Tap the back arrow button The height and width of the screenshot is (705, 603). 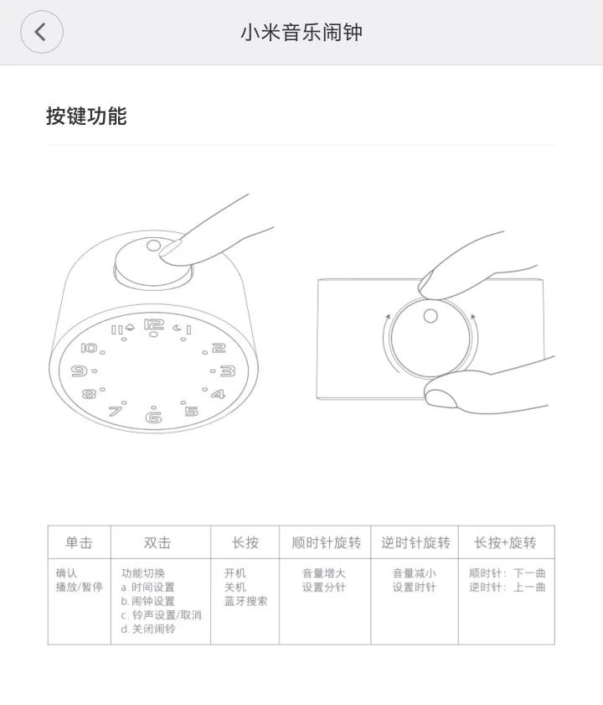pos(41,33)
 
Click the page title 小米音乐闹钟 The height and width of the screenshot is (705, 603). pos(301,33)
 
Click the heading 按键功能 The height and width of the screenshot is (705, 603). pos(86,116)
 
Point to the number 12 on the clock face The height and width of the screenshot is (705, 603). pos(153,325)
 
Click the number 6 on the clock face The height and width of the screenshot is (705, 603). pos(153,417)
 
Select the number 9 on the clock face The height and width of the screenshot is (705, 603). pos(80,371)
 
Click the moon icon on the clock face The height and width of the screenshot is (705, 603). pos(177,328)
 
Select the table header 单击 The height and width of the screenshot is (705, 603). pos(79,542)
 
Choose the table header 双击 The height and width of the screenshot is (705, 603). pos(157,542)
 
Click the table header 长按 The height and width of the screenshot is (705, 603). pos(245,542)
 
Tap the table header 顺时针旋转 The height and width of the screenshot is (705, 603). pos(326,542)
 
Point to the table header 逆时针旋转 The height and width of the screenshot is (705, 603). pos(415,542)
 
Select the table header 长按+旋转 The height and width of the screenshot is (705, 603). pos(505,542)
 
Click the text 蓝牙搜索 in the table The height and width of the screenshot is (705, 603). pos(246,601)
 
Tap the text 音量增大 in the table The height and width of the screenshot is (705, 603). pos(324,573)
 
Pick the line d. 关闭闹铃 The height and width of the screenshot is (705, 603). pos(148,629)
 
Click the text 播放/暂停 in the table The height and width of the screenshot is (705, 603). pos(80,587)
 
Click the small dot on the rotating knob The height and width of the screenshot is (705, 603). pos(430,315)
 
